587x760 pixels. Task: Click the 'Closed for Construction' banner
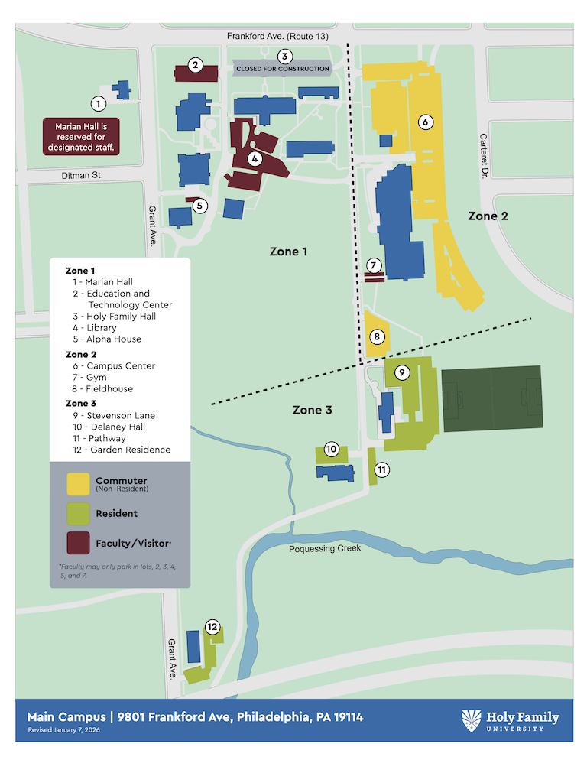pyautogui.click(x=283, y=69)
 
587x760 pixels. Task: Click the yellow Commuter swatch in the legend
pyautogui.click(x=78, y=484)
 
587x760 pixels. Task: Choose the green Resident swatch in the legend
pyautogui.click(x=78, y=513)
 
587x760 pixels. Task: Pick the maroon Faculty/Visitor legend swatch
pyautogui.click(x=78, y=543)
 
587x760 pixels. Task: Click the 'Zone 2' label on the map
pyautogui.click(x=488, y=216)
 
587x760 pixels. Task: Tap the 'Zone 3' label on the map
pyautogui.click(x=312, y=411)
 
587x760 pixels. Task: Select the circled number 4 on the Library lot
pyautogui.click(x=255, y=159)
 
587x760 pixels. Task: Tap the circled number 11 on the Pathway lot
pyautogui.click(x=382, y=469)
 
